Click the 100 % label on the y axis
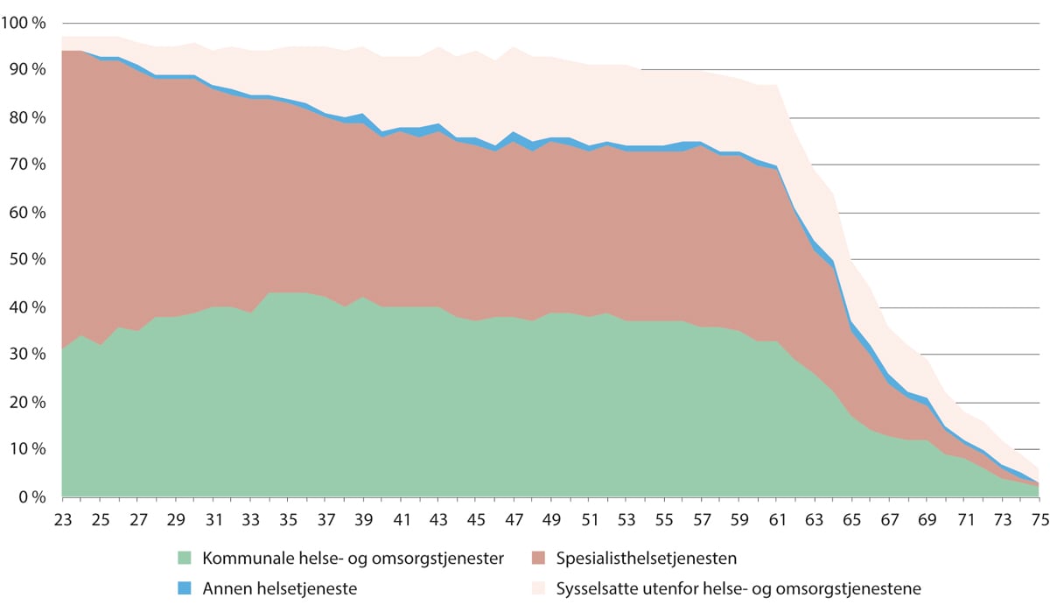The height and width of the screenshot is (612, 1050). pos(27,24)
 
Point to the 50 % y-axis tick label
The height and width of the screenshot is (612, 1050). pos(31,260)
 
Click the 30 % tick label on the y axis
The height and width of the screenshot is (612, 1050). pos(31,355)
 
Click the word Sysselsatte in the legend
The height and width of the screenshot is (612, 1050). pos(596,588)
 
